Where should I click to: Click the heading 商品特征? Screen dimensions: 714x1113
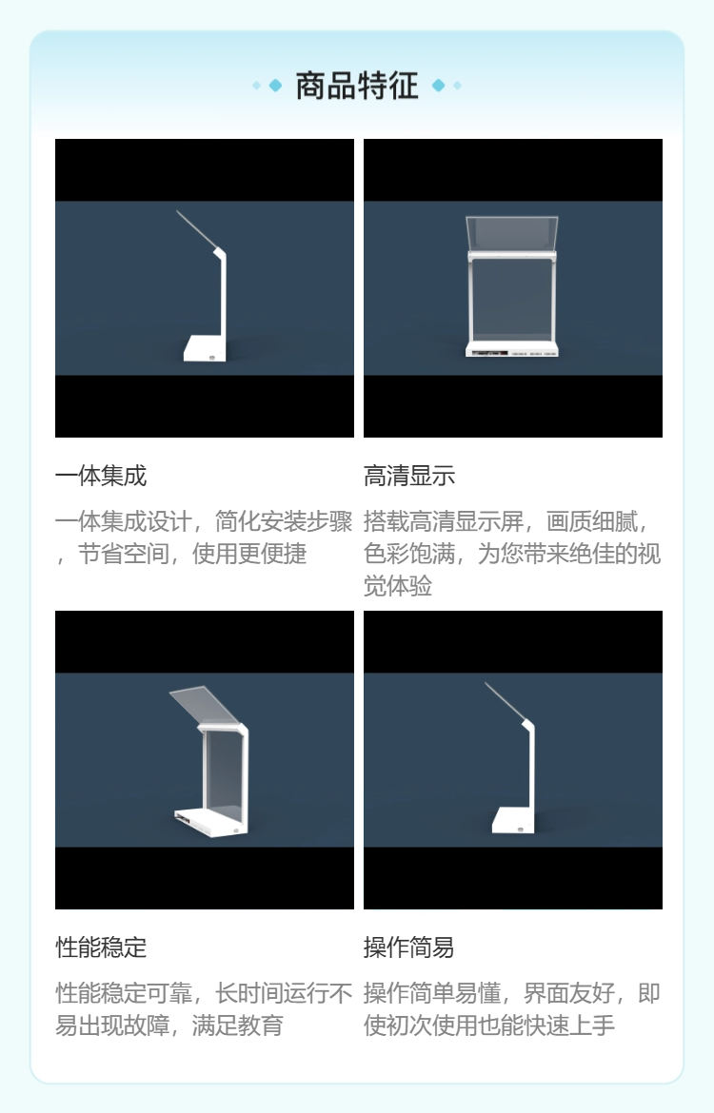coord(357,86)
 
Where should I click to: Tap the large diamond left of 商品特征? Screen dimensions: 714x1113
coord(276,86)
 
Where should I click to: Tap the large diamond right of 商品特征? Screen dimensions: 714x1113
coord(438,86)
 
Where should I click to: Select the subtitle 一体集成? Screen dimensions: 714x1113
coord(101,476)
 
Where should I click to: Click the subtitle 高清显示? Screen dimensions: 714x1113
coord(409,476)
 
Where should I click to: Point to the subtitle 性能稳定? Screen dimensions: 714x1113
coord(101,947)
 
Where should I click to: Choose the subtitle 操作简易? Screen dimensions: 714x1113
coord(409,947)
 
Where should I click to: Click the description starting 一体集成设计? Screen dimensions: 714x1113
coord(204,537)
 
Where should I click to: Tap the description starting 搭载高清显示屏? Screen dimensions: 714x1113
coord(512,554)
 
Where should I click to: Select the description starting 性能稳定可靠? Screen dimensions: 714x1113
coord(204,1008)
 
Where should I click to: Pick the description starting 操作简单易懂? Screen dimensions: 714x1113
coord(512,1008)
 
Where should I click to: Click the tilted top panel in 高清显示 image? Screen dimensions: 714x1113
coord(511,234)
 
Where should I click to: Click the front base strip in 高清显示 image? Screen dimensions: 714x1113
coord(511,351)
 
